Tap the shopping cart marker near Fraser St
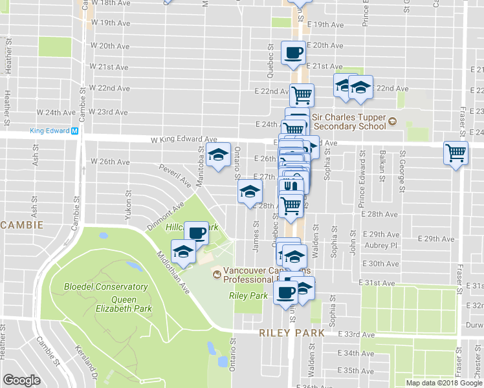point(456,153)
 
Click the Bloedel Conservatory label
point(105,286)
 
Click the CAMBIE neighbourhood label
point(22,225)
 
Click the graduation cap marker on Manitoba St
point(219,154)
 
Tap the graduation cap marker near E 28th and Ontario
point(250,191)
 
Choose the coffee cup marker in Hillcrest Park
point(196,232)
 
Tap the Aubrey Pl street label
point(380,246)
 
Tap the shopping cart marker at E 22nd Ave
point(301,94)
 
